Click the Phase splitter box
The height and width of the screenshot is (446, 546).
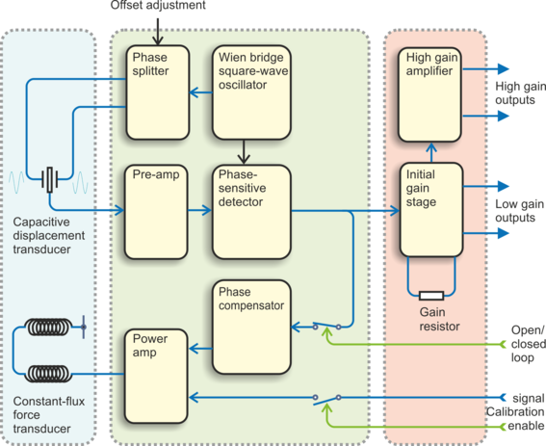[x=157, y=92]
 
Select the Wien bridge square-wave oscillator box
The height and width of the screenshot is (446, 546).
[x=251, y=92]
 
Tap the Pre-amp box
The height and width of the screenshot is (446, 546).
[x=156, y=212]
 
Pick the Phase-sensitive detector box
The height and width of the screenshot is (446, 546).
[x=251, y=212]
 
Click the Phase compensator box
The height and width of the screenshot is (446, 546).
[x=251, y=327]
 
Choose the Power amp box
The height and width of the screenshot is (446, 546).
[x=156, y=376]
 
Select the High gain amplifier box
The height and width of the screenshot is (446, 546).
[x=429, y=94]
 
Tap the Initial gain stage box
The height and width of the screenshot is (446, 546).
[x=431, y=209]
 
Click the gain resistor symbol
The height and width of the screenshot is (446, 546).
[x=431, y=296]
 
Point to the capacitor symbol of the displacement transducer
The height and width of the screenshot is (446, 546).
[x=50, y=179]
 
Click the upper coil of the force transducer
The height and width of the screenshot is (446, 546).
[x=48, y=327]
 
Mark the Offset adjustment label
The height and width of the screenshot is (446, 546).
[x=158, y=5]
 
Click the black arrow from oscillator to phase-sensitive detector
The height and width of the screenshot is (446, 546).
[x=244, y=152]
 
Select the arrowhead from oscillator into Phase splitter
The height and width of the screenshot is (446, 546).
[x=194, y=92]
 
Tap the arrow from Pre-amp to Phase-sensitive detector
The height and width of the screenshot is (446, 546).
[x=199, y=210]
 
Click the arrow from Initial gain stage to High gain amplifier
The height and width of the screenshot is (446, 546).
[x=431, y=152]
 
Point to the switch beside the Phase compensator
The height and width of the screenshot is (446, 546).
[x=326, y=326]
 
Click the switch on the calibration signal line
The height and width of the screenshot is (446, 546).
[x=326, y=400]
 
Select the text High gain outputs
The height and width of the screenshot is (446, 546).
[x=520, y=93]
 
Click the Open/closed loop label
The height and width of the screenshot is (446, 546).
[x=528, y=344]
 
